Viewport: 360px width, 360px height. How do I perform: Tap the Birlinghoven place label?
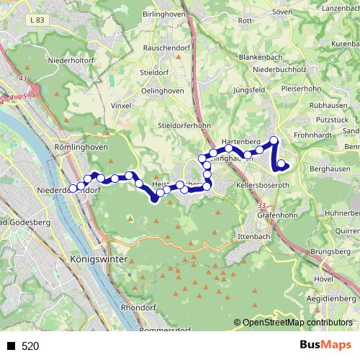(x=167, y=14)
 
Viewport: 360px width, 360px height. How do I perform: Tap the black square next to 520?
(x=12, y=346)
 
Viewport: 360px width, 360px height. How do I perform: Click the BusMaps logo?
(x=325, y=346)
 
